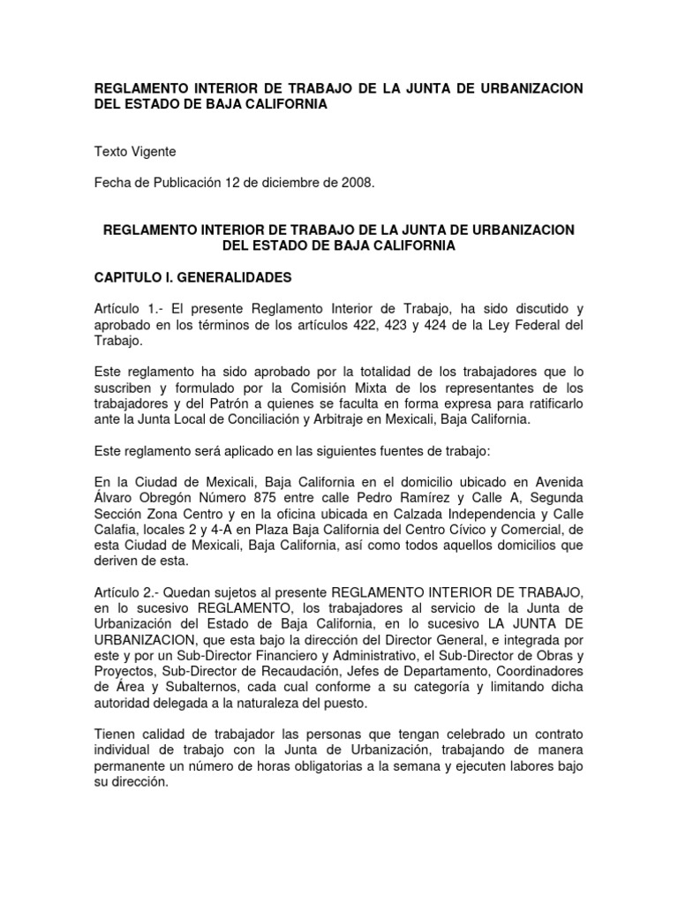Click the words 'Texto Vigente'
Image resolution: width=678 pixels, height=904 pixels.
[135, 152]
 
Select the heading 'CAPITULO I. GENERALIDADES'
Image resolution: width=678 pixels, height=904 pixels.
[192, 277]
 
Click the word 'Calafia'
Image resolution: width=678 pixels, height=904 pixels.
[117, 530]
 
